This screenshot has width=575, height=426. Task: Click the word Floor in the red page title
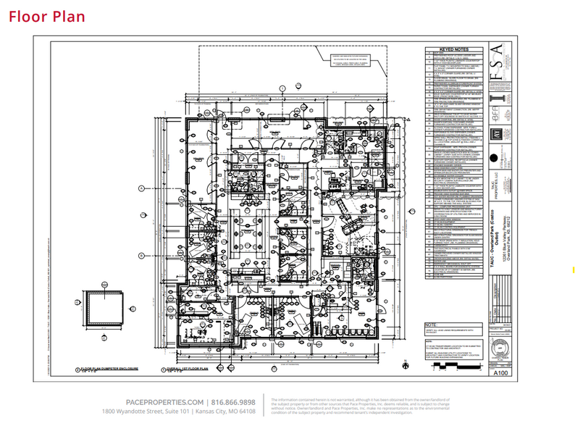(x=30, y=17)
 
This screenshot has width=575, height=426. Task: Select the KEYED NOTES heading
(x=454, y=49)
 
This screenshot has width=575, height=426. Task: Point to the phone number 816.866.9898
(x=233, y=402)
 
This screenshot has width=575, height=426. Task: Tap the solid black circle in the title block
(x=494, y=158)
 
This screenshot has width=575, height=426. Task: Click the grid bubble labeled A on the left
(x=142, y=188)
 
